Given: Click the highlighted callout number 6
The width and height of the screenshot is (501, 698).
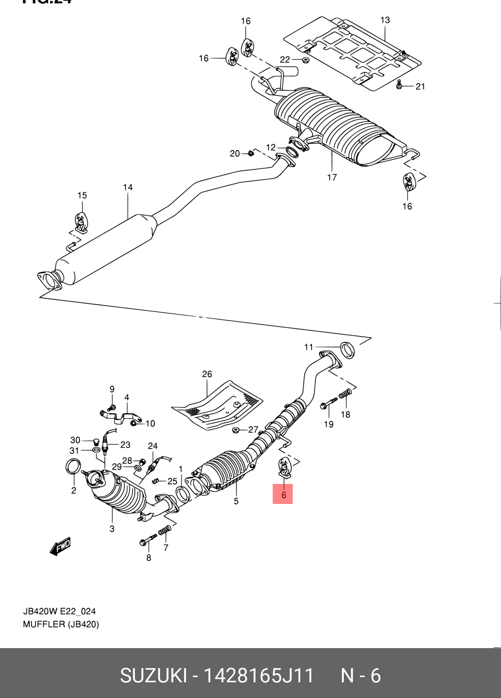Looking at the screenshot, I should (283, 495).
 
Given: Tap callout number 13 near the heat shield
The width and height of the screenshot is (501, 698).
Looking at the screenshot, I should (385, 20).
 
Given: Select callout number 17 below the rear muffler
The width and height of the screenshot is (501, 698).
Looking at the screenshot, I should (332, 178).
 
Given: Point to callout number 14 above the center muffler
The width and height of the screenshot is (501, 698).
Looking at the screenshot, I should (128, 187).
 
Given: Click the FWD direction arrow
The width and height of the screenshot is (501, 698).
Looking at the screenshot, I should (60, 546).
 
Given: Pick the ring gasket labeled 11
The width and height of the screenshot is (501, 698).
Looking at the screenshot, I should (347, 350).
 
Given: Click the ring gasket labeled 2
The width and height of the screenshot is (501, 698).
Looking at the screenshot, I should (73, 466).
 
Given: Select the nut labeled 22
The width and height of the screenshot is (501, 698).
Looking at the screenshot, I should (305, 60).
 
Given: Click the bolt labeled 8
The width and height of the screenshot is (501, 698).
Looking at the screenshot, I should (148, 540).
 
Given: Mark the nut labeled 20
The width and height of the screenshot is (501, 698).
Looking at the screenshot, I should (250, 153).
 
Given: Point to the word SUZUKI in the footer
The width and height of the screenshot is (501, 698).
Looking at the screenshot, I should (153, 676).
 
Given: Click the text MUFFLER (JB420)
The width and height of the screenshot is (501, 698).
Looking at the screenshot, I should (61, 624).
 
